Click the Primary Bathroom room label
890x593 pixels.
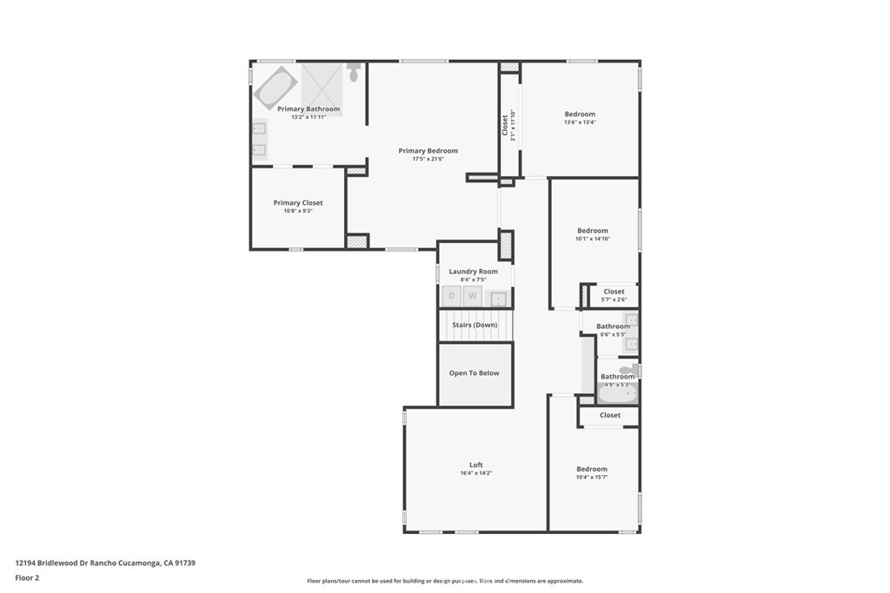(309, 109)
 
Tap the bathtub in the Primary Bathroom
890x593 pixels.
(275, 89)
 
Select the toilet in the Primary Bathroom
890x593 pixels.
(354, 72)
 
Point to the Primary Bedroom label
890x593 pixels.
(428, 151)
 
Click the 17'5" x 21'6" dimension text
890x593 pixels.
(428, 159)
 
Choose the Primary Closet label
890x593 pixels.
(298, 203)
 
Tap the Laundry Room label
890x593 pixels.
(474, 272)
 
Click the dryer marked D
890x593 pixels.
(450, 296)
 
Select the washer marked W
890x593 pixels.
(473, 296)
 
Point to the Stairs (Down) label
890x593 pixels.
(474, 325)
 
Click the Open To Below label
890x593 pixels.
(474, 373)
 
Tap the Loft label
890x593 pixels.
(476, 465)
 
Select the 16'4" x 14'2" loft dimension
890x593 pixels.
(476, 474)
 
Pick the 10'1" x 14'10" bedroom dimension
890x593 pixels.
(593, 239)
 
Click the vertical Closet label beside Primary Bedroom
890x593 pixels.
(505, 125)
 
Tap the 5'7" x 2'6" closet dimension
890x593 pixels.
(614, 300)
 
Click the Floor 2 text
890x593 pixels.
(27, 577)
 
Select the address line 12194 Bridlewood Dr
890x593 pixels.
(105, 563)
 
